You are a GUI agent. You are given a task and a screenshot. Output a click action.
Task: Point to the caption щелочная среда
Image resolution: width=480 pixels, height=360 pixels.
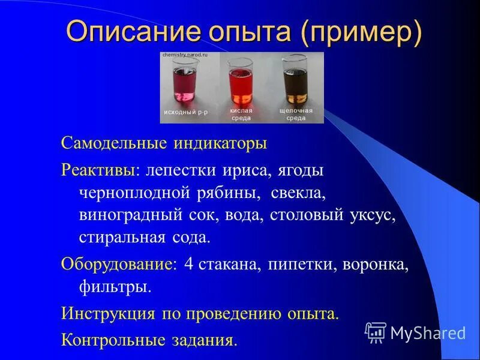pos(295,115)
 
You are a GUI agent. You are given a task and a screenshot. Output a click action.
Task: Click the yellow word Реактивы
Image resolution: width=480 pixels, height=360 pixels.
pos(98,170)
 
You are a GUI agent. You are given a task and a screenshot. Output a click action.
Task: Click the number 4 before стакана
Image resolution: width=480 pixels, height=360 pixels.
pos(188,265)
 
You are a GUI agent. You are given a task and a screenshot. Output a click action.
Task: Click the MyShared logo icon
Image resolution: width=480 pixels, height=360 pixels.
pos(376,331)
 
